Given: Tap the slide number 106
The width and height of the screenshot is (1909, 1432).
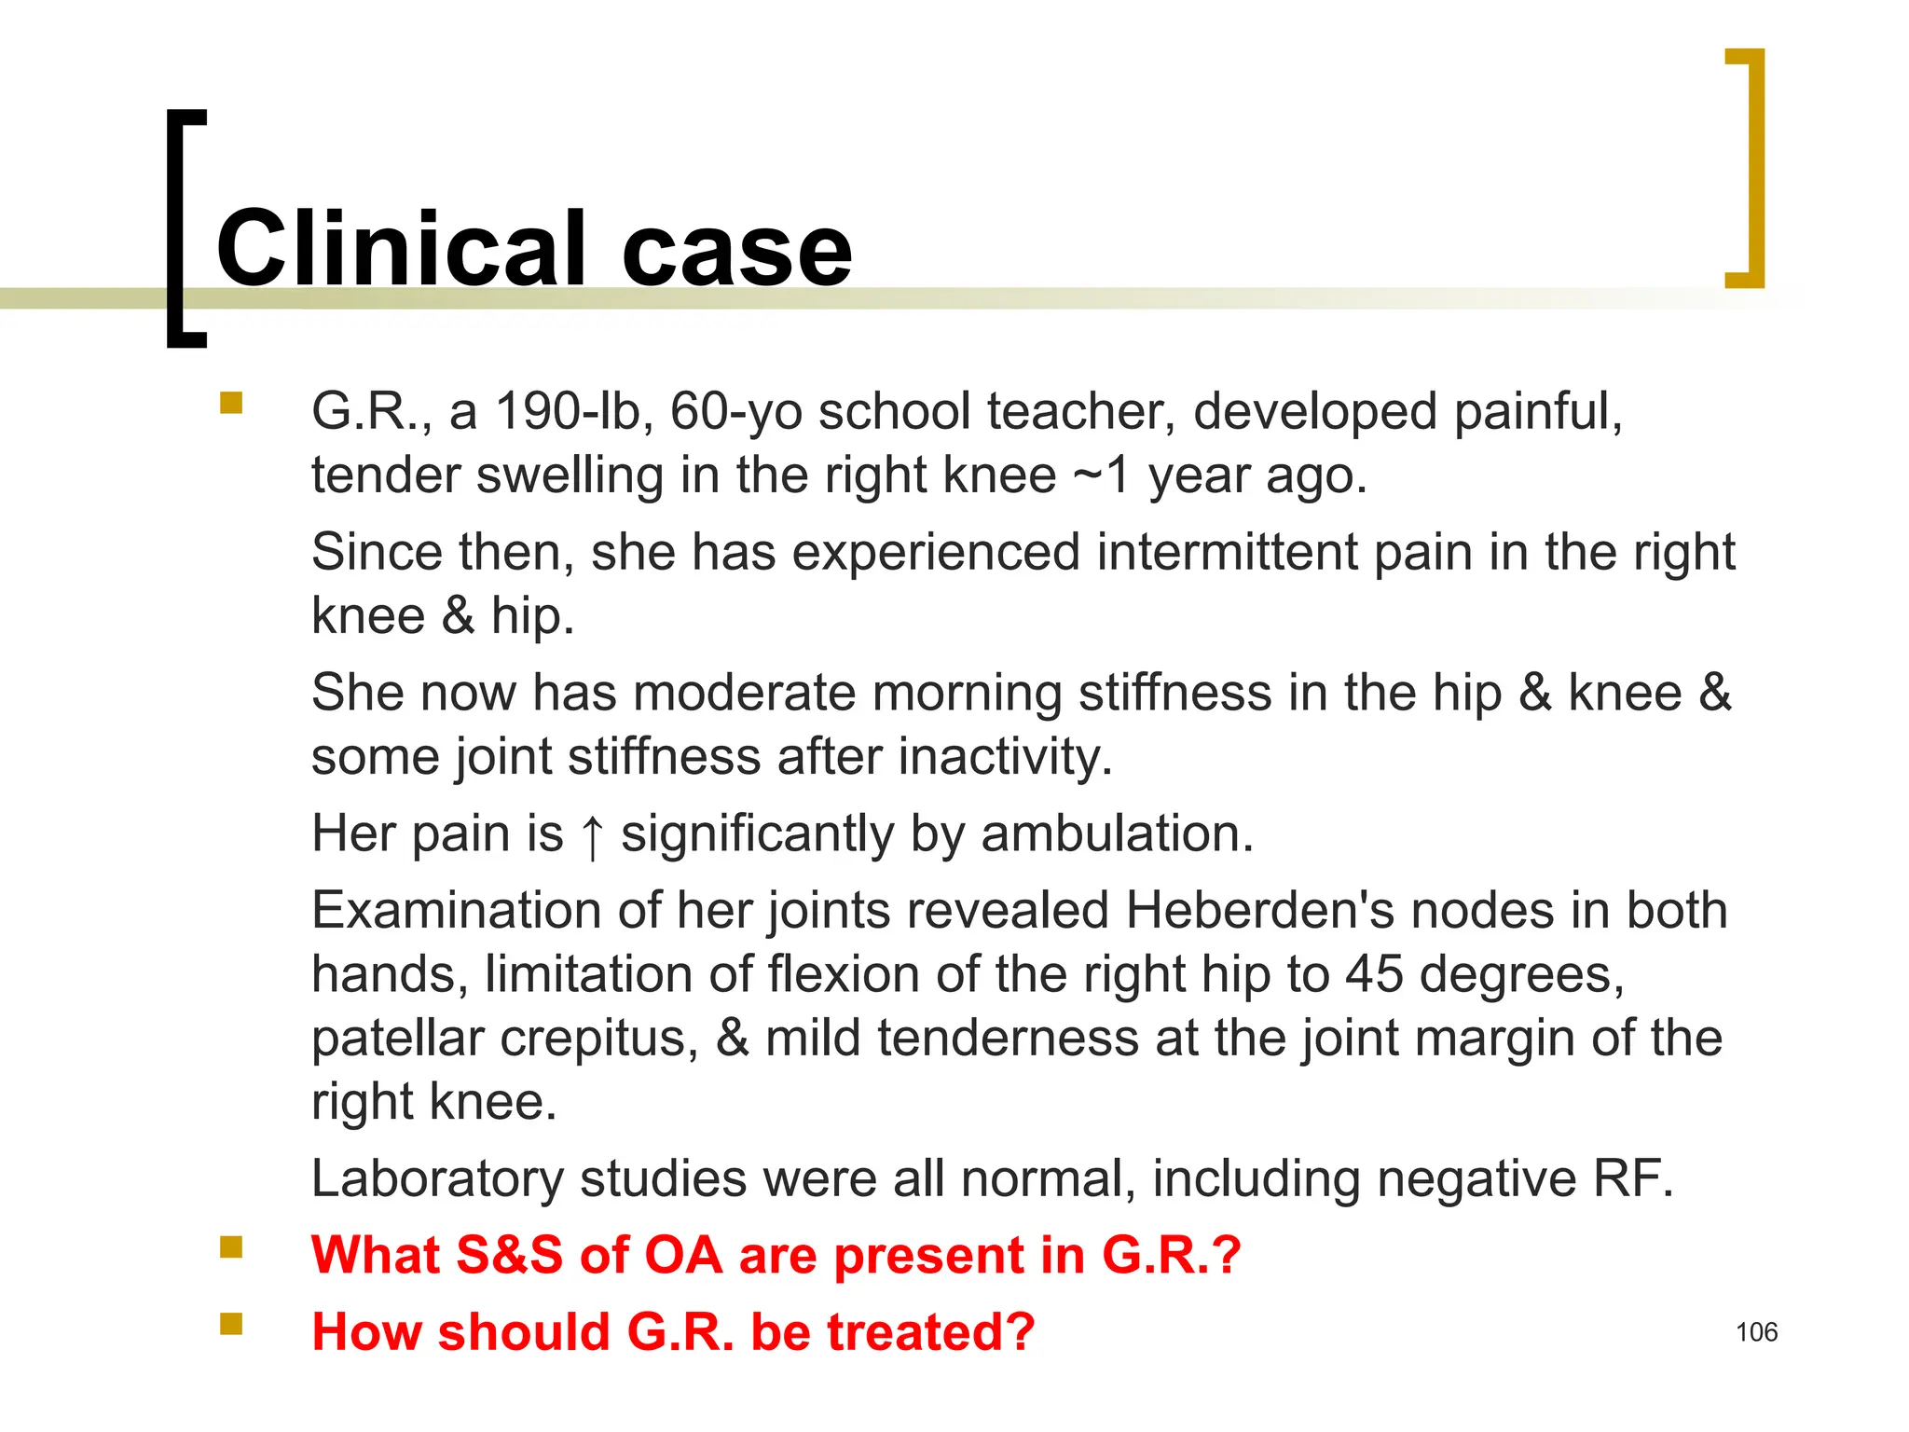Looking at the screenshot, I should tap(1756, 1332).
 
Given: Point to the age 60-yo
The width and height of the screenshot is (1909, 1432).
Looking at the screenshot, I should tap(735, 411).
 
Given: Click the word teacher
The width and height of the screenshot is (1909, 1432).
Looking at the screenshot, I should tap(1081, 411).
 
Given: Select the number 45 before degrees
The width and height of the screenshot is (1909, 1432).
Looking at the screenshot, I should tap(1374, 974).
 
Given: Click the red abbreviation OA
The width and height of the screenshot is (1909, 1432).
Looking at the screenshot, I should tap(683, 1255).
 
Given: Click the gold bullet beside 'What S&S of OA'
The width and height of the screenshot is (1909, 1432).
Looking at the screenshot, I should tap(231, 1247).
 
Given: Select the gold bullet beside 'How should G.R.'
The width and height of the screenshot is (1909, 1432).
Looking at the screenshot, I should tap(231, 1324).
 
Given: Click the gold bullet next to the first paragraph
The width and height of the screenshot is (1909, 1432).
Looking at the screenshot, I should tap(231, 403).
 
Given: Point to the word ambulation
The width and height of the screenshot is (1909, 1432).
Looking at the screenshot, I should tap(1117, 833).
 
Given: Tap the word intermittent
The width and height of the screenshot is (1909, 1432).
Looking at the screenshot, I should tap(1226, 552).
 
